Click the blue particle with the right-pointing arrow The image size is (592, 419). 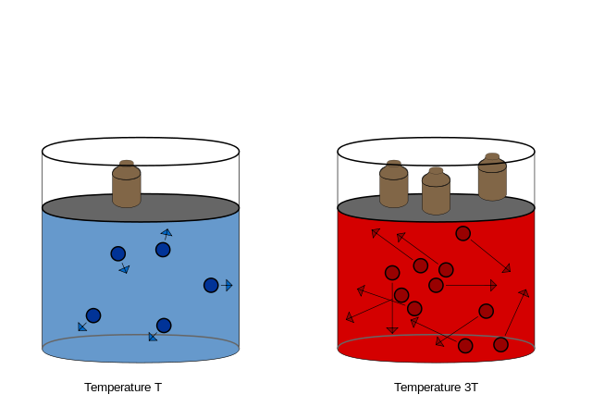point(211,285)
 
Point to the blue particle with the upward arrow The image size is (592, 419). point(163,250)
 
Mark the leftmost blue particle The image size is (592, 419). point(93,315)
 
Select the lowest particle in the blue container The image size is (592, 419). point(164,326)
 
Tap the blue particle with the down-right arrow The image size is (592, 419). point(118,253)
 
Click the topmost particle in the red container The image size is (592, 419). point(462,233)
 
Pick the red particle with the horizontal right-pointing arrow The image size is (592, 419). point(436,285)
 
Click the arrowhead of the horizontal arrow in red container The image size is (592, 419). point(493,286)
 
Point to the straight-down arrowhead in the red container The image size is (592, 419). point(392,330)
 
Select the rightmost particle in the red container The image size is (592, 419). point(500,344)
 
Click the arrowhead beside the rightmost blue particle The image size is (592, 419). point(228,285)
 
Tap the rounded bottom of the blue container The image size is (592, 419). point(141,352)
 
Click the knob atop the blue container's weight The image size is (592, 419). point(127,163)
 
